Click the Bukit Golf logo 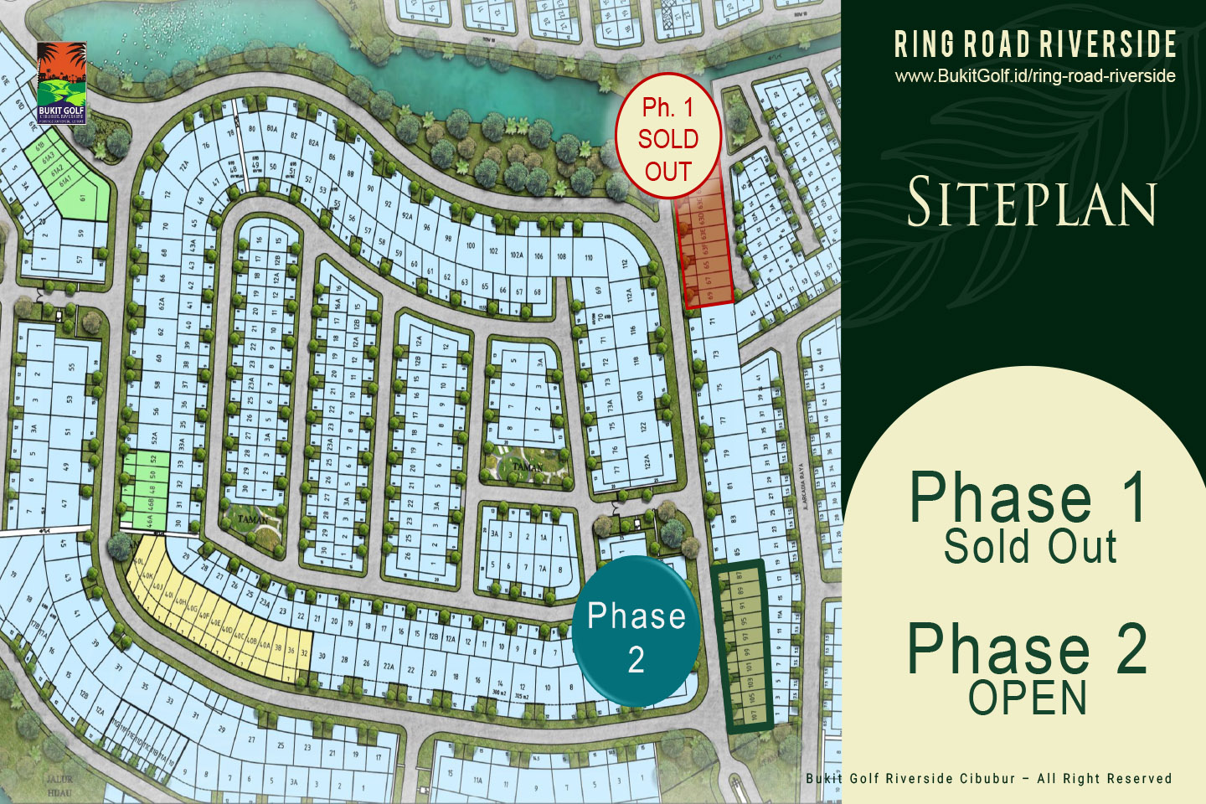coord(61,83)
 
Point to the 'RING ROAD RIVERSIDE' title coord(1035,44)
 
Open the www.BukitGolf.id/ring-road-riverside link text coord(1035,76)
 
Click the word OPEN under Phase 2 coord(1028,698)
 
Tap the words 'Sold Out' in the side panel coord(1030,547)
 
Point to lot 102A coord(517,255)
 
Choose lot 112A coord(631,296)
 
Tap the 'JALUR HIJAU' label coord(59,785)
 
